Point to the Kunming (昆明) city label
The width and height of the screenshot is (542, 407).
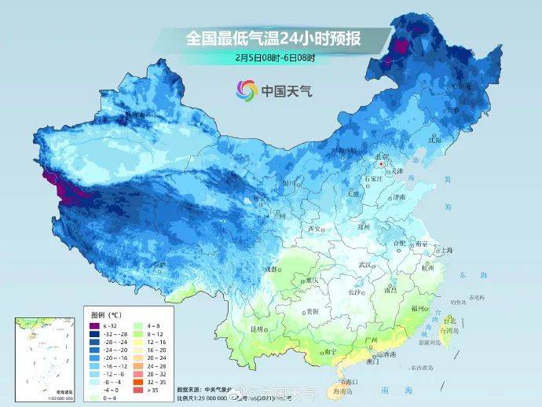pos(257,328)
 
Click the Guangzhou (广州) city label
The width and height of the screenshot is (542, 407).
pos(372,339)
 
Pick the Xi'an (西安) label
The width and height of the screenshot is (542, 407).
pos(315,229)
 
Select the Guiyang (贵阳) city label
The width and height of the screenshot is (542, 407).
pos(313,311)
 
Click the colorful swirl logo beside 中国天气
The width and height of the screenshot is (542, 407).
pos(246,90)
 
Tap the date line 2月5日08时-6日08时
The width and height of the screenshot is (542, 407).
pos(273,57)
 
